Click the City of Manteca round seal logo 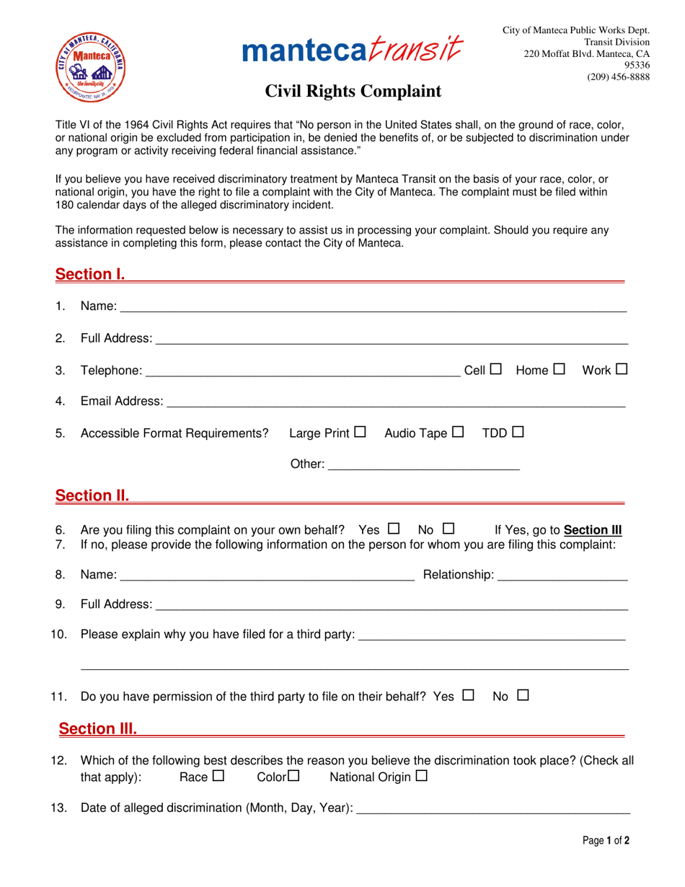(92, 67)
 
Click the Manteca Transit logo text (353, 50)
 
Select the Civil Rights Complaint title (353, 92)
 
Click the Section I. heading (91, 275)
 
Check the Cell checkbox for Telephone (495, 369)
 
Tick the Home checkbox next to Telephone (559, 369)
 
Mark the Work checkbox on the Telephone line (622, 369)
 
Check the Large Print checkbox (361, 433)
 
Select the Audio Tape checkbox (458, 433)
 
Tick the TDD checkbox (518, 433)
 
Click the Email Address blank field (395, 401)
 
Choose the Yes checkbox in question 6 (394, 529)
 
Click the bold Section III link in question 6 (593, 530)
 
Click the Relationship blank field (562, 575)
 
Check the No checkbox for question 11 (523, 696)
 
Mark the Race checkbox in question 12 (219, 777)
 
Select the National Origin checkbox (422, 777)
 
